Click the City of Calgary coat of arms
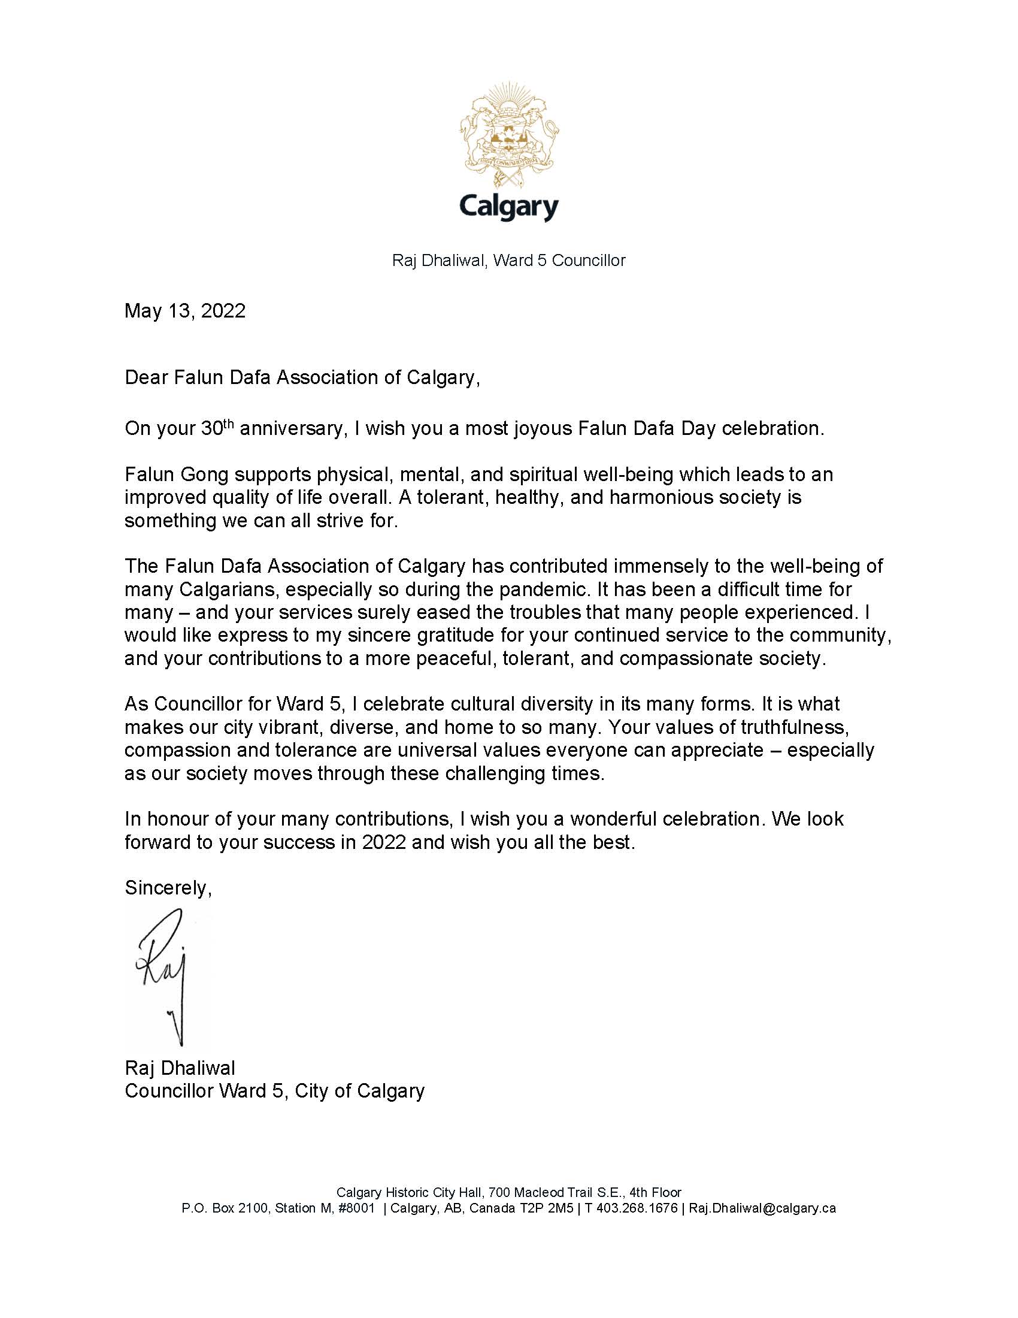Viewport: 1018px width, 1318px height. tap(509, 135)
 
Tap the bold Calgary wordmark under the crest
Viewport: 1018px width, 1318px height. tap(509, 207)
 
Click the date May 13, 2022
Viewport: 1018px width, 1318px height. tap(185, 311)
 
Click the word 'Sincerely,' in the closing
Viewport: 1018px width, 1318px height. tap(168, 888)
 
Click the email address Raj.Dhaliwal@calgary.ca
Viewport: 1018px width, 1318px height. tap(762, 1208)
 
